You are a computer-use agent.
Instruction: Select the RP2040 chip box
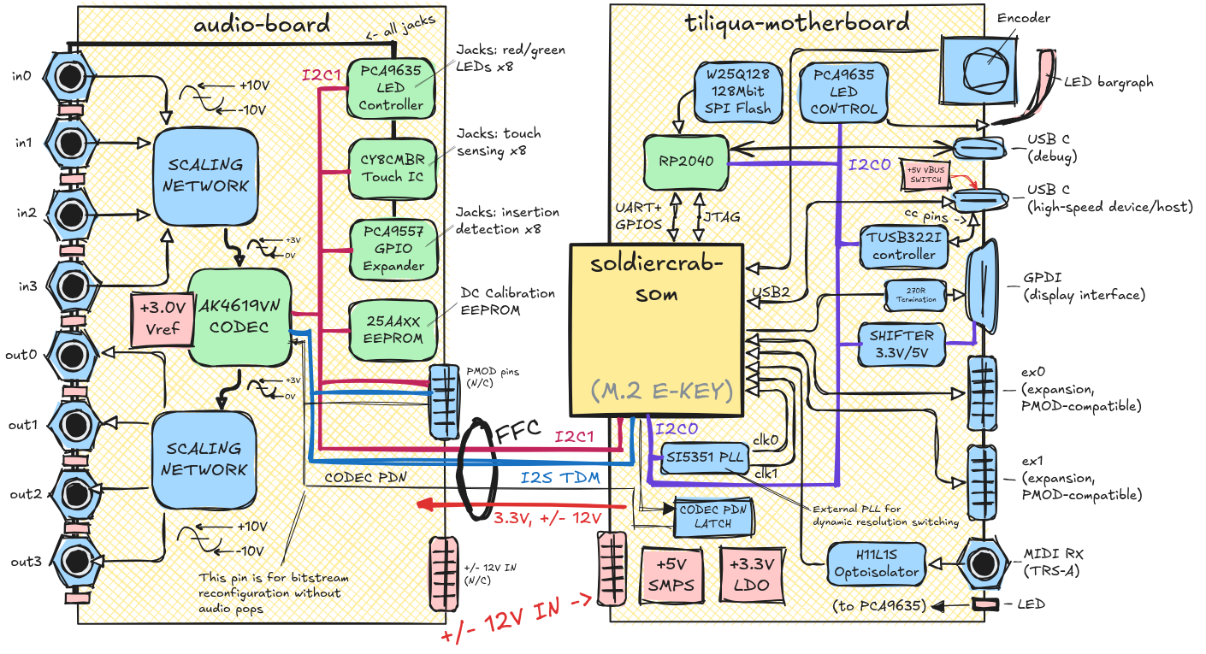[x=685, y=160]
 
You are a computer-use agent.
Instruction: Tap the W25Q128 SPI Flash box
[x=740, y=91]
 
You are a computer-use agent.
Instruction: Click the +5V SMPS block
[x=673, y=574]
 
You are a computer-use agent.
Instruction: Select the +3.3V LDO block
[x=752, y=574]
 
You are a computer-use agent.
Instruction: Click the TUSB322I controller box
[x=903, y=245]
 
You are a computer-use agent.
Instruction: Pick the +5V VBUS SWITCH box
[x=925, y=174]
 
